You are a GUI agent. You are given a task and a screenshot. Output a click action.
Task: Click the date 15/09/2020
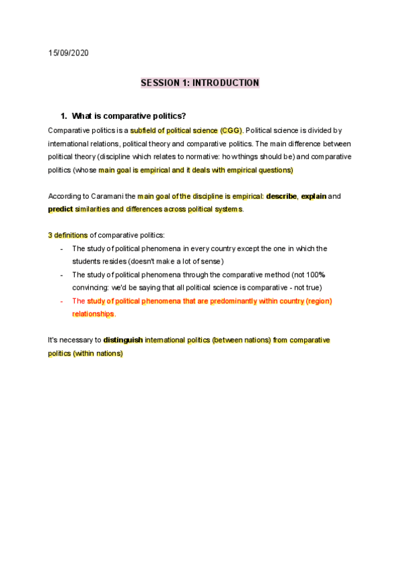coord(69,53)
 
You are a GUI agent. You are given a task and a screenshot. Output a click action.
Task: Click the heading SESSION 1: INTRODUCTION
coord(200,83)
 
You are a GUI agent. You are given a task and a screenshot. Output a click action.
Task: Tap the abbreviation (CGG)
coord(231,130)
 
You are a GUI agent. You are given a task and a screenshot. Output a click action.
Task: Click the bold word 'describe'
coord(281,196)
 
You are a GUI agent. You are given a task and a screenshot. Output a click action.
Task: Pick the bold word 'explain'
coord(314,196)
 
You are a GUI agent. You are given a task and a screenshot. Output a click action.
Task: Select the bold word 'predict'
coord(60,209)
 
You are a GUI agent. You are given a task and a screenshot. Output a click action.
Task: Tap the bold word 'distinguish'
coord(123,340)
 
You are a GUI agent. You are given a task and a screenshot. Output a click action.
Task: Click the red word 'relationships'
coord(93,314)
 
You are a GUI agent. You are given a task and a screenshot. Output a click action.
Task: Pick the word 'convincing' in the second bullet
coord(92,288)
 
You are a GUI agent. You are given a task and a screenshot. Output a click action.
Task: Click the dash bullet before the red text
coord(61,301)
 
